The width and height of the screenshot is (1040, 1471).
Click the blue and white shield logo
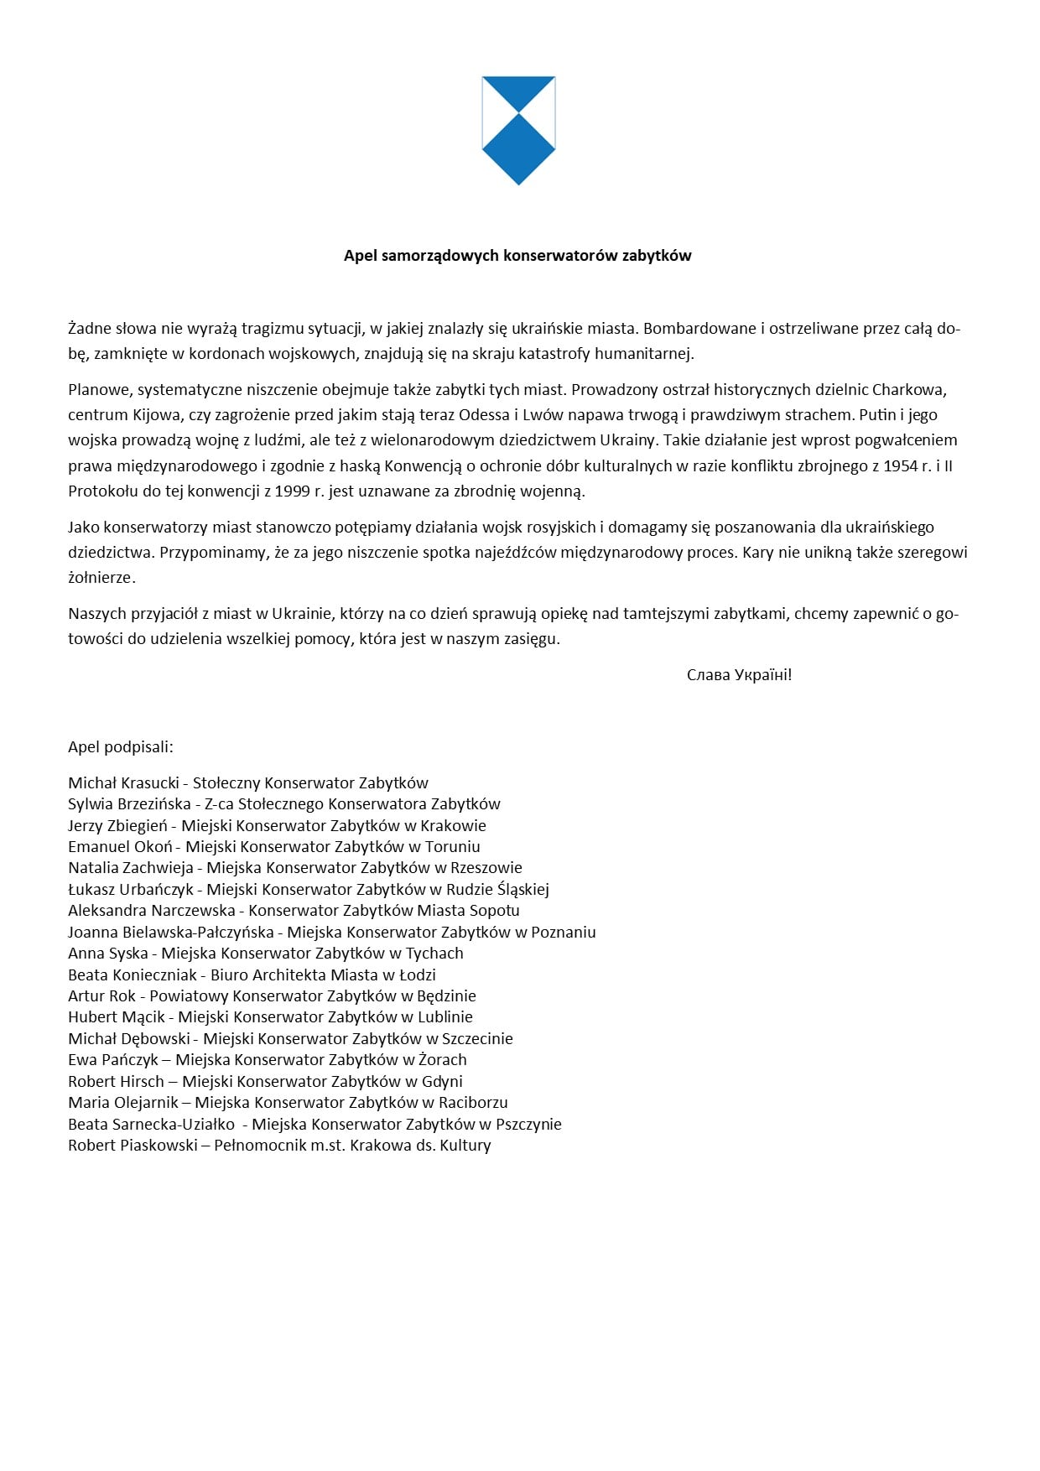tap(518, 130)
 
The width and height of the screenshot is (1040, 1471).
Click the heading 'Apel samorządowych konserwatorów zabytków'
tap(517, 256)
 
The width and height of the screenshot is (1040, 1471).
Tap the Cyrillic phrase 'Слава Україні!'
tap(739, 675)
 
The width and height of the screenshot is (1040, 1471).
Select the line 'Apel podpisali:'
tap(121, 747)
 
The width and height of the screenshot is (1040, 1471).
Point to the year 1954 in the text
tap(901, 466)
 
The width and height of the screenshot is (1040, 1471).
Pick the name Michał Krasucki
tap(123, 783)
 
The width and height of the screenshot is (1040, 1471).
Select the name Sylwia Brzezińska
tap(129, 804)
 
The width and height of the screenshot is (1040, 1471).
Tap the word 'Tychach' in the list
tap(434, 954)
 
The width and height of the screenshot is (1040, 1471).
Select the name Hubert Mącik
tap(117, 1017)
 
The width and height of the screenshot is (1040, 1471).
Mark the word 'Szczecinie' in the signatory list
tap(476, 1039)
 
